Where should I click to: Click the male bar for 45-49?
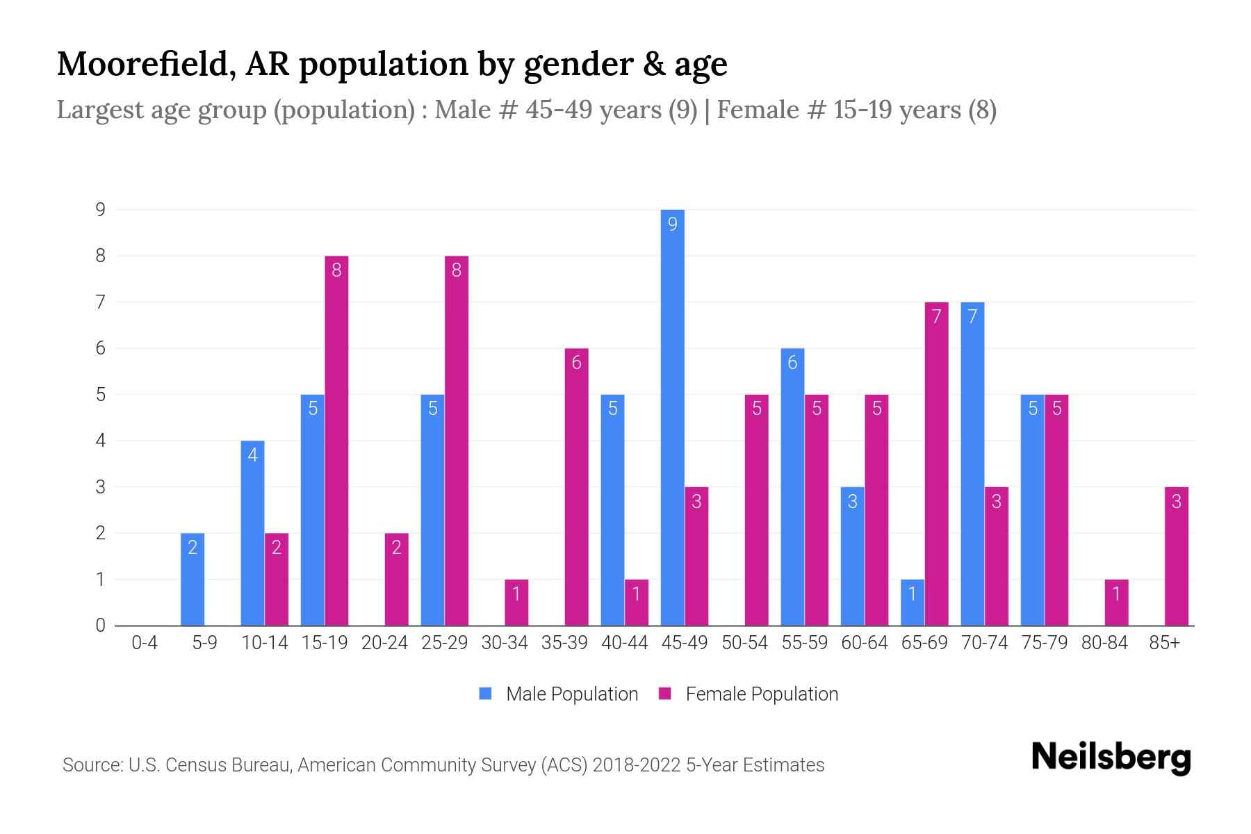(x=672, y=417)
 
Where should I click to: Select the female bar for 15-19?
(x=336, y=441)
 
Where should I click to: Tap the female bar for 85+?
(x=1176, y=556)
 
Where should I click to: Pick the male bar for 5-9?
(x=193, y=579)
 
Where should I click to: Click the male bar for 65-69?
(x=913, y=603)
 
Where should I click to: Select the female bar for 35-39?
(x=576, y=486)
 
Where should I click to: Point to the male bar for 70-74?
(x=972, y=464)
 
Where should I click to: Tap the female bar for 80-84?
(x=1116, y=603)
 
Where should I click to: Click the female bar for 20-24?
(x=396, y=579)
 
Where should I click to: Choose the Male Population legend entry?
(x=559, y=694)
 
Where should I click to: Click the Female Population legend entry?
(x=749, y=694)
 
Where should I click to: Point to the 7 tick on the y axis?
(x=101, y=302)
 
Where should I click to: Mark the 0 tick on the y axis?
(x=101, y=625)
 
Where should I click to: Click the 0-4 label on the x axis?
(x=145, y=643)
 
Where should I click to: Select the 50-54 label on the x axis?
(x=744, y=643)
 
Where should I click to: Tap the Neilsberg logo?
(x=1111, y=758)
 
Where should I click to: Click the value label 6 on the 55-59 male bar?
(x=792, y=362)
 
